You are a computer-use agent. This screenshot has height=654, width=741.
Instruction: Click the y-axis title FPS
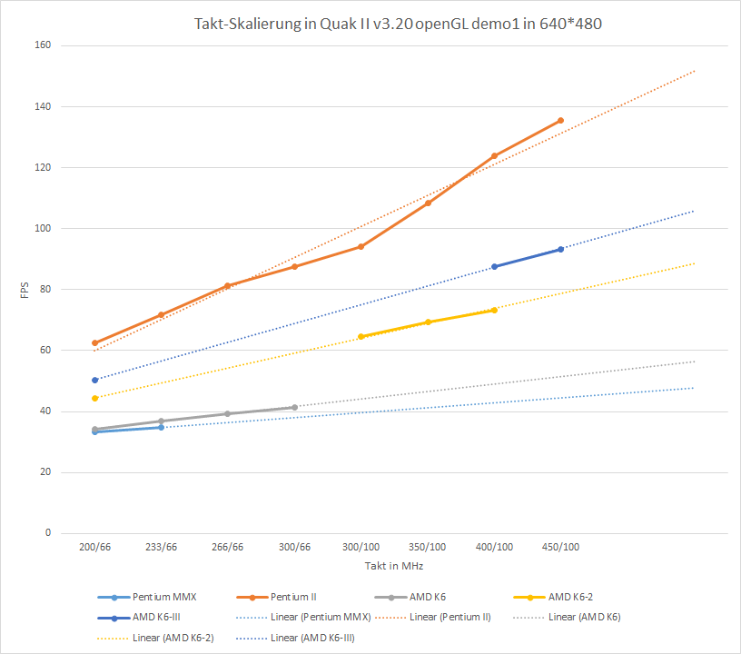click(x=25, y=289)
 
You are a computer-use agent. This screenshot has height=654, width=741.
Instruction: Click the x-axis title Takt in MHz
click(x=393, y=566)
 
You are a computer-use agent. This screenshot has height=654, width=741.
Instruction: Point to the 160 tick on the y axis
click(x=43, y=45)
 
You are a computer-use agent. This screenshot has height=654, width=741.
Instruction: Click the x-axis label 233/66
click(x=161, y=547)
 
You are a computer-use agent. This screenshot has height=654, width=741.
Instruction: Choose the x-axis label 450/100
click(x=560, y=547)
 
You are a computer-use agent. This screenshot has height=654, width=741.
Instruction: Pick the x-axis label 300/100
click(x=361, y=547)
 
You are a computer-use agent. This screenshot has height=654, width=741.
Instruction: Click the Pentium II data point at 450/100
click(x=560, y=120)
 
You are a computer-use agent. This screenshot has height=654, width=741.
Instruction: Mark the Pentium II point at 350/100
click(x=428, y=203)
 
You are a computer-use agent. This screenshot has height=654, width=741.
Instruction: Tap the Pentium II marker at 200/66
click(x=94, y=343)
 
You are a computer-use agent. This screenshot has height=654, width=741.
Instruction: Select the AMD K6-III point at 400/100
click(x=494, y=266)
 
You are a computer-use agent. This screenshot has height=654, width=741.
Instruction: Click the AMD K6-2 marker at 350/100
click(x=428, y=322)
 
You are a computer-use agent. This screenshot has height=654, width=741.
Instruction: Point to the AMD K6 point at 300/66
click(x=294, y=407)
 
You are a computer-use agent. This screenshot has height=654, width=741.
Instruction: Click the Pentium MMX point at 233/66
click(x=161, y=427)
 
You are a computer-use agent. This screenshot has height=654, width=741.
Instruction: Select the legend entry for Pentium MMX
click(x=163, y=597)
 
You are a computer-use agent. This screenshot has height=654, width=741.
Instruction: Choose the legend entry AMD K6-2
click(x=576, y=597)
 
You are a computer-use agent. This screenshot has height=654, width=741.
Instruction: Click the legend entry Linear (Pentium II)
click(x=450, y=618)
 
